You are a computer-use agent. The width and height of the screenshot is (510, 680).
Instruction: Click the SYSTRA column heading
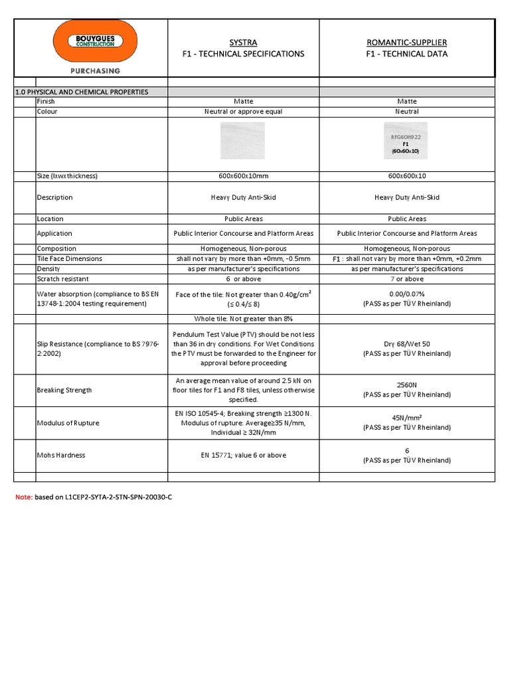tap(243, 42)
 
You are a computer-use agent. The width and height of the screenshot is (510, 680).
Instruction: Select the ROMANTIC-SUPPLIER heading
tap(407, 42)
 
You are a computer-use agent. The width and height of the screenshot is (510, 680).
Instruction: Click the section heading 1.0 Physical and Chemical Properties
tap(82, 92)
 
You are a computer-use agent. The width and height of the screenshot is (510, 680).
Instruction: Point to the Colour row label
tap(47, 112)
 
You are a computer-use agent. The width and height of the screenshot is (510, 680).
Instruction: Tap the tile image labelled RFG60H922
tap(406, 140)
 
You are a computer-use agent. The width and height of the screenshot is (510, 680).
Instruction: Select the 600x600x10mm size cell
tap(243, 176)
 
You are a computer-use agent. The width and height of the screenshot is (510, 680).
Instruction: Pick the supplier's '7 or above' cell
tap(406, 279)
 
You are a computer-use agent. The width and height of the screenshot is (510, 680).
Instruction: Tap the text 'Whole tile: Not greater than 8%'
tap(243, 319)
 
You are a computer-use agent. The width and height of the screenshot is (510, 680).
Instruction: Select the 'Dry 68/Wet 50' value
tap(406, 345)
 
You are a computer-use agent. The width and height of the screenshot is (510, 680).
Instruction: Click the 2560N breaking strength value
tap(406, 384)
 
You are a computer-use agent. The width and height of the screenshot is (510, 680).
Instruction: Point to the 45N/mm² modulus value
tap(406, 418)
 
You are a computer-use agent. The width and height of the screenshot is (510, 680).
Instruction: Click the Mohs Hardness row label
tap(61, 456)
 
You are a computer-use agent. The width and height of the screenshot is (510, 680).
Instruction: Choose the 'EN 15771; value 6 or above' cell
tap(243, 456)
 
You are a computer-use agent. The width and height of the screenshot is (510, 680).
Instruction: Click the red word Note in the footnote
tap(23, 497)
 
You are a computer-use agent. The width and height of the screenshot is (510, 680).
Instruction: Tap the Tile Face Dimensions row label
tap(69, 258)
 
